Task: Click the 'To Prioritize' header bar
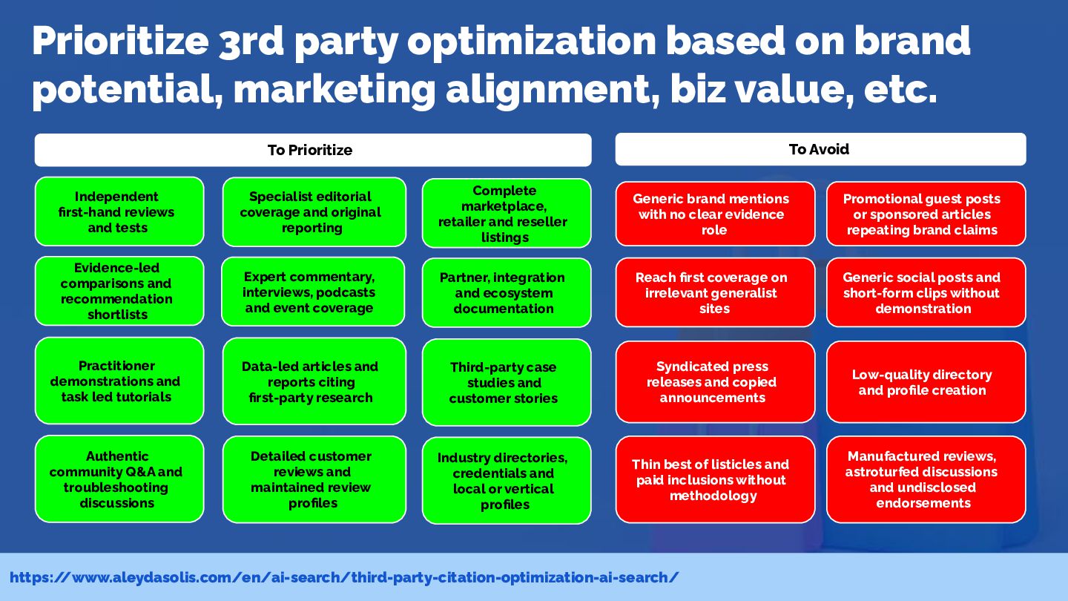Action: tap(313, 150)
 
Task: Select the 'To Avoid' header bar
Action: tap(820, 149)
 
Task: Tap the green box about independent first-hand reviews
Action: tap(119, 211)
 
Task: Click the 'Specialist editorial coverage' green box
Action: tap(314, 211)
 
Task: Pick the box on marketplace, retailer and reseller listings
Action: tap(507, 213)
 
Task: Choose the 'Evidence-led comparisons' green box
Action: tap(119, 291)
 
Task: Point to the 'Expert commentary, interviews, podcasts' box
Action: tap(313, 292)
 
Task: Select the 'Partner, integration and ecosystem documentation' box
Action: tap(507, 292)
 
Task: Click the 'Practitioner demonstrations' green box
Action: tap(119, 381)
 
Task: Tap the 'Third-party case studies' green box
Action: tap(507, 382)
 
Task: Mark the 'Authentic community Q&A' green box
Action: tap(119, 479)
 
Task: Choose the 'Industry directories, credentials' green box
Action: tap(507, 480)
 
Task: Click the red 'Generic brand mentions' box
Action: tap(715, 214)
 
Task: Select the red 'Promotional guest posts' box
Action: tap(926, 214)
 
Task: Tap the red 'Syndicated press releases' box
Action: tap(715, 381)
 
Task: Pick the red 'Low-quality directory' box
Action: tap(926, 381)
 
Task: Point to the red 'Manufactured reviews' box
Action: tap(926, 479)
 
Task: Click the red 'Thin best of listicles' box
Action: tap(715, 479)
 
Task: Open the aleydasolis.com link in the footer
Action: tap(344, 577)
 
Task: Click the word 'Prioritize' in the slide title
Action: tap(120, 42)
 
